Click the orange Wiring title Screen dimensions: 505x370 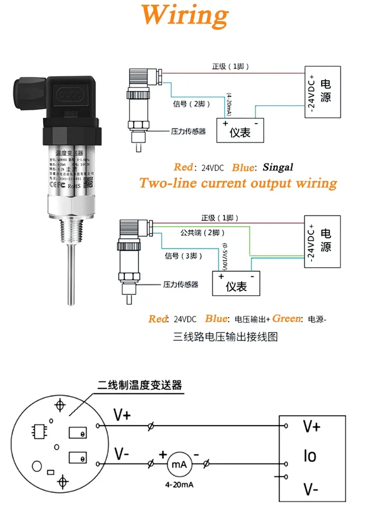point(185,16)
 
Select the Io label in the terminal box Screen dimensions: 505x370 point(311,456)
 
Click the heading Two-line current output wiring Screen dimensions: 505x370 point(238,183)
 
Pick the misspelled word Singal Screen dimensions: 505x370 point(277,167)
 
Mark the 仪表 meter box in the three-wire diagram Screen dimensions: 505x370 point(236,285)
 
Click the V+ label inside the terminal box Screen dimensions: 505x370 point(311,426)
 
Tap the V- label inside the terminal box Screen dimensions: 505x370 point(311,490)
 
